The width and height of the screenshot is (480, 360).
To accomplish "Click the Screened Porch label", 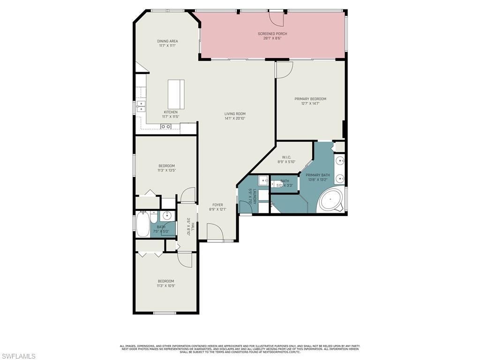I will pyautogui.click(x=272, y=34).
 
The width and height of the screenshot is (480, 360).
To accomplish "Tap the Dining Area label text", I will pyautogui.click(x=167, y=41).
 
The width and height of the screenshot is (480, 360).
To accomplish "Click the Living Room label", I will pyautogui.click(x=235, y=114).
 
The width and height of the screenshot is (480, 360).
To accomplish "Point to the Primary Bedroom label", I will pyautogui.click(x=310, y=99).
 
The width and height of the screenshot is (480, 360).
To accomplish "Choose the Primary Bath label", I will pyautogui.click(x=318, y=175).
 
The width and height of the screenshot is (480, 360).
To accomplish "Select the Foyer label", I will pyautogui.click(x=217, y=205).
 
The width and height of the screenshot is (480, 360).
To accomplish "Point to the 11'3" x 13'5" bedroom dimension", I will pyautogui.click(x=166, y=171).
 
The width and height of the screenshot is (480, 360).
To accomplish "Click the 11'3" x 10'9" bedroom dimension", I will pyautogui.click(x=166, y=286).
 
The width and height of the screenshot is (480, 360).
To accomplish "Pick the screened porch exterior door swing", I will pyautogui.click(x=277, y=18).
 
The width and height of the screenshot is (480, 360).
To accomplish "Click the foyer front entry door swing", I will pyautogui.click(x=214, y=232).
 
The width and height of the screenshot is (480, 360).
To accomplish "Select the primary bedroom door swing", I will pyautogui.click(x=284, y=69).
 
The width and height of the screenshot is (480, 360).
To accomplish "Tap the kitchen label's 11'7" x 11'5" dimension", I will pyautogui.click(x=171, y=117).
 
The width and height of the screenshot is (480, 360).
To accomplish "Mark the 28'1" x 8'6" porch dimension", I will pyautogui.click(x=272, y=38).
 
